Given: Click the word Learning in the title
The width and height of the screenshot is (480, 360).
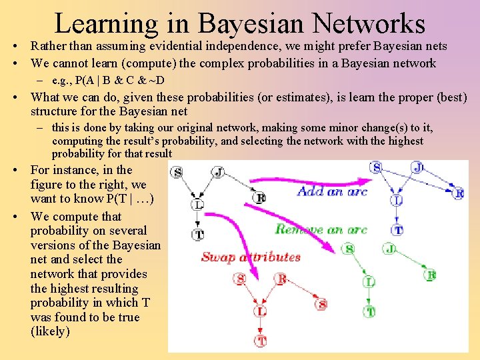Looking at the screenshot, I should [105, 23].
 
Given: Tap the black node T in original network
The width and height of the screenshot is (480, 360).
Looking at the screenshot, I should [198, 234].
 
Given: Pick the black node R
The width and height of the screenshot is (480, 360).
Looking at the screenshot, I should [260, 197].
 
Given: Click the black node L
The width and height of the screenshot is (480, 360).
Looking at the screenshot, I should [198, 205].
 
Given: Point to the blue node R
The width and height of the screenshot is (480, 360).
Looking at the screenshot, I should [458, 193].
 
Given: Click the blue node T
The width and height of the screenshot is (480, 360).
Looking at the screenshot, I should [398, 230].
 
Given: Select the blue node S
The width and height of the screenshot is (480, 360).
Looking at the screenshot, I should [376, 167].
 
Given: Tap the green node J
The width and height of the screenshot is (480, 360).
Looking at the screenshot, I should [390, 249].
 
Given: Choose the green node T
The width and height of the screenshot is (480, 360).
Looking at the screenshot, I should [369, 311].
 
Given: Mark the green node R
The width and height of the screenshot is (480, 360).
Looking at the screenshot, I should [431, 275].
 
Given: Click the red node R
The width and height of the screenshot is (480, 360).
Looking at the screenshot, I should [281, 279].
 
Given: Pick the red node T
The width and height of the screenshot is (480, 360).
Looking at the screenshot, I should [261, 341].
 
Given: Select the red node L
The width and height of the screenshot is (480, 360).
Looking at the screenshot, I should [261, 311].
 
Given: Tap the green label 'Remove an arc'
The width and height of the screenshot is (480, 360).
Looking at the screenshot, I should [321, 229].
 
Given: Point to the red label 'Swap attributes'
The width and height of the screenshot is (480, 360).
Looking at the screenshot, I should [251, 257].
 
